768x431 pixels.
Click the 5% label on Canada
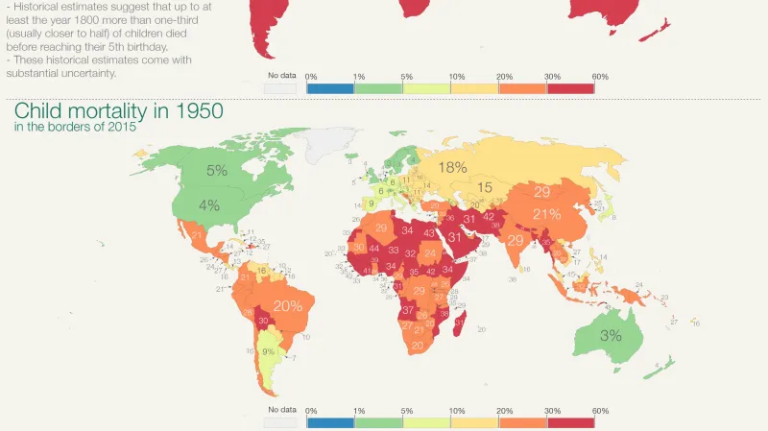216,172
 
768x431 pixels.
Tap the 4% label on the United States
209,204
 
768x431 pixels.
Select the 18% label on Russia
452,168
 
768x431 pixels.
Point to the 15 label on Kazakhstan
486,187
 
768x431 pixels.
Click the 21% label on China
546,213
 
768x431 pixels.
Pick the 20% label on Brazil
287,306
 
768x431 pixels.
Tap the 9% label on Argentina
269,351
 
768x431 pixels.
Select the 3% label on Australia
611,336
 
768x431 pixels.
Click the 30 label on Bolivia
262,321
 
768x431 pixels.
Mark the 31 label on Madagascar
458,323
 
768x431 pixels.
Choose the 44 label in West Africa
373,250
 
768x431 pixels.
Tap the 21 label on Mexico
198,236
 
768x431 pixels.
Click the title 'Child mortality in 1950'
95,111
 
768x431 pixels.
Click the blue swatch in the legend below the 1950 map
329,421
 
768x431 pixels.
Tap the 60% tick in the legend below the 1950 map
600,410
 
